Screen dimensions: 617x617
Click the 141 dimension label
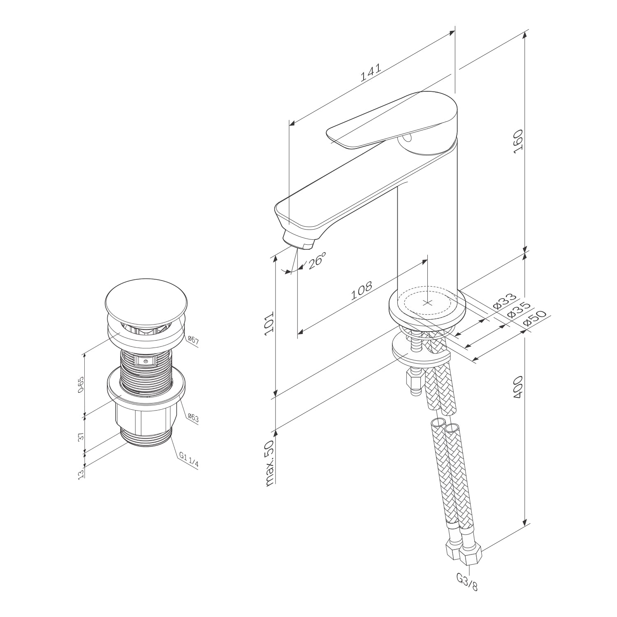click(x=371, y=73)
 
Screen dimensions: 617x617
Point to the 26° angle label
click(x=316, y=260)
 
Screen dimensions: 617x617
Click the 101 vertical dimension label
click(x=269, y=324)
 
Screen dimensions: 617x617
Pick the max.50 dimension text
click(x=269, y=463)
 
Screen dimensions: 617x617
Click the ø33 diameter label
click(x=503, y=301)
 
